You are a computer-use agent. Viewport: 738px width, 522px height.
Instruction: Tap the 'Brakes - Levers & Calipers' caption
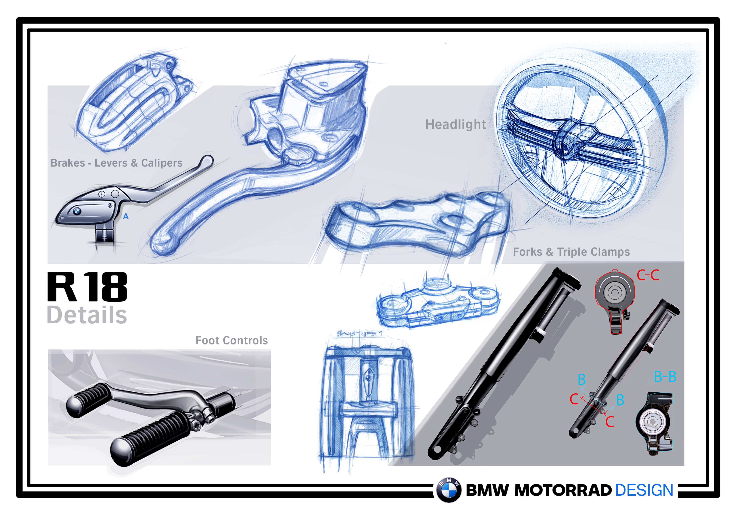(116, 163)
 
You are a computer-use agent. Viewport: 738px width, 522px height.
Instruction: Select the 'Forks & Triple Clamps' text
(571, 252)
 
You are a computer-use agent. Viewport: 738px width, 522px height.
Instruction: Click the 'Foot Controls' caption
(231, 340)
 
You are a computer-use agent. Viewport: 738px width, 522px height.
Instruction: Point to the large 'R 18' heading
(88, 287)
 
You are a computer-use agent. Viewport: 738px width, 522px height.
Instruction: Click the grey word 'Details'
(87, 315)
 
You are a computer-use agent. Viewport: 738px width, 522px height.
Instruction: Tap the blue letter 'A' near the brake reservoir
(126, 217)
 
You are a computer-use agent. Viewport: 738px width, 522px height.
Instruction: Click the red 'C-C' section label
(648, 276)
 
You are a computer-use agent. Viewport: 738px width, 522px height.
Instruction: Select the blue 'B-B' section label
(665, 377)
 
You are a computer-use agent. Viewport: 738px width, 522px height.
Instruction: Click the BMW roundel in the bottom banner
(449, 490)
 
